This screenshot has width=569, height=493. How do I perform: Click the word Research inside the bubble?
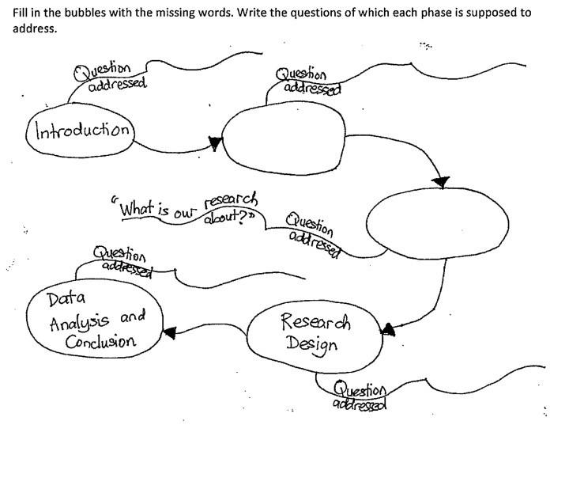(x=316, y=323)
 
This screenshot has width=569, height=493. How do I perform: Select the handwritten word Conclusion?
(x=101, y=342)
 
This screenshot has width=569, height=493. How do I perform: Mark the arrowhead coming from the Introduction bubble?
(x=213, y=142)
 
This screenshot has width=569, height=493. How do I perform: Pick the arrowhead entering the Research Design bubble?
(x=387, y=328)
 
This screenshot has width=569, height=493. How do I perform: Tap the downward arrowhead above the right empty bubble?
(x=443, y=182)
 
